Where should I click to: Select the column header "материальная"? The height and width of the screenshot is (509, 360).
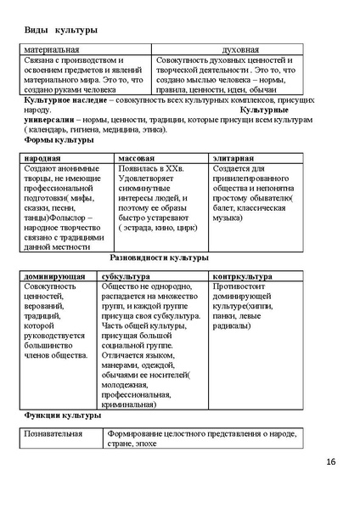53,50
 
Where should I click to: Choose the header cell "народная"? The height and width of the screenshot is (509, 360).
42,159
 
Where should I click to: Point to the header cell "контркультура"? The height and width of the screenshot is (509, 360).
243,277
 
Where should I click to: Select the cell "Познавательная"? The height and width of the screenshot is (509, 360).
53,434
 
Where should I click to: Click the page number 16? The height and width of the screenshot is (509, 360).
330,462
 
